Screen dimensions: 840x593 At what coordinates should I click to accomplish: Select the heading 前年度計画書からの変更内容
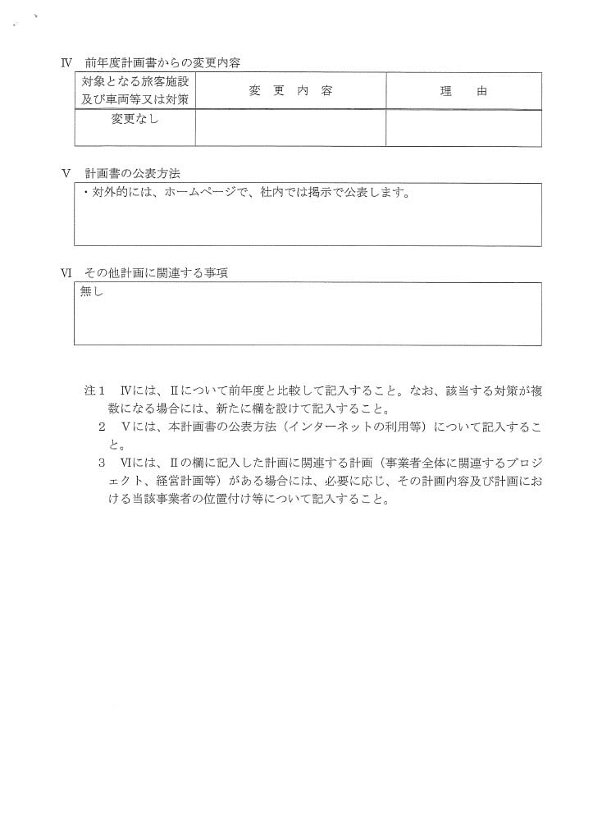[162, 63]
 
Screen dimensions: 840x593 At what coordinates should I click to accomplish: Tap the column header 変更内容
[290, 91]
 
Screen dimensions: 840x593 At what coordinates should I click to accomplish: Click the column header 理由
[463, 92]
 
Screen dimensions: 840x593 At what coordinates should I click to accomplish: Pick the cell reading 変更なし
[135, 119]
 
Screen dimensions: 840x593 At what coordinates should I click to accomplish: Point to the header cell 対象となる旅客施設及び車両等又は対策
[135, 91]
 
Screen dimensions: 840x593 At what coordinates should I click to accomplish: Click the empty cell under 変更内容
[290, 128]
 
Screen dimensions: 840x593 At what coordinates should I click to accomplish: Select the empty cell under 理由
[463, 128]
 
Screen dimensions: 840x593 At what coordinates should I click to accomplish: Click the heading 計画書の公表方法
[132, 174]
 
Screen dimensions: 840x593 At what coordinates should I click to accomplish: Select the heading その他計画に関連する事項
[156, 273]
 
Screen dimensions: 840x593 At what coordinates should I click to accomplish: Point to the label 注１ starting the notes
[96, 392]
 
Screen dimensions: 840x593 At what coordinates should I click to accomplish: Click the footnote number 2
[103, 427]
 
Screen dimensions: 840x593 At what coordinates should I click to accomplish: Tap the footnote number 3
[103, 463]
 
